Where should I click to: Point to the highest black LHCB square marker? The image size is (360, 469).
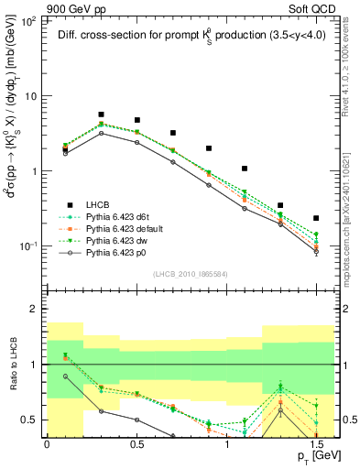pyautogui.click(x=101, y=115)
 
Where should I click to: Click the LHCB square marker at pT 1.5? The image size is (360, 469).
pyautogui.click(x=316, y=218)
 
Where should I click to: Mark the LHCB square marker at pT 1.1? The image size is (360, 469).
pyautogui.click(x=245, y=169)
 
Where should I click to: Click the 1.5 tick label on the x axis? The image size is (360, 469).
pyautogui.click(x=316, y=443)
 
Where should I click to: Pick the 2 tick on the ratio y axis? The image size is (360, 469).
pyautogui.click(x=35, y=310)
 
